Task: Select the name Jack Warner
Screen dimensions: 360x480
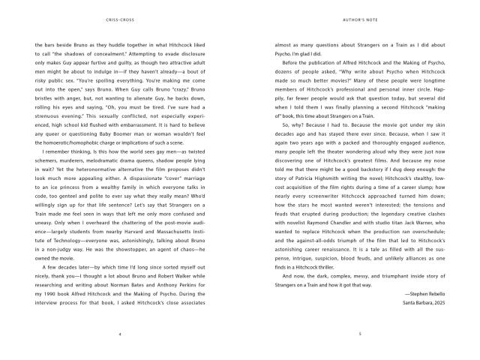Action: pos(423,230)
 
